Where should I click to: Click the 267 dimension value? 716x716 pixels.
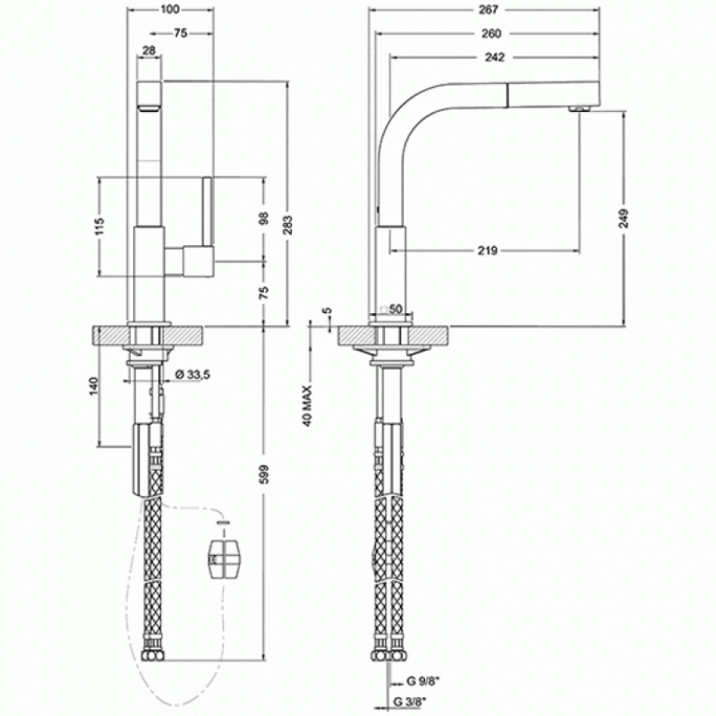click(x=488, y=9)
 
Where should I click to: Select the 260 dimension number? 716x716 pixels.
click(x=490, y=33)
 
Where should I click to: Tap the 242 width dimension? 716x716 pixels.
click(x=495, y=57)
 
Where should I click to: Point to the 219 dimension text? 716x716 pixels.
click(x=487, y=251)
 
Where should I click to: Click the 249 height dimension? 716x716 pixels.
click(x=625, y=218)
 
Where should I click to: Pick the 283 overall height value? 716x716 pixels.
click(x=288, y=225)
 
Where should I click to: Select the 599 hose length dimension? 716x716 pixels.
click(x=265, y=474)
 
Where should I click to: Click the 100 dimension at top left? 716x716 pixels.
click(x=170, y=9)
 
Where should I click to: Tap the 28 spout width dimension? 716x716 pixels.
click(x=149, y=50)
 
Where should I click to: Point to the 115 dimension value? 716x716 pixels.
click(x=99, y=226)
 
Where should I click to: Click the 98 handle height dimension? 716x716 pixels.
click(x=264, y=218)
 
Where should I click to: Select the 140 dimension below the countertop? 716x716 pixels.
click(x=94, y=387)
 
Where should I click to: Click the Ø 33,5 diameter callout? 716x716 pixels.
click(x=192, y=375)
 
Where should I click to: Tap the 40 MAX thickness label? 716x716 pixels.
click(x=307, y=406)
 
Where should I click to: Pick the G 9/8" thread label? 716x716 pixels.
click(x=422, y=681)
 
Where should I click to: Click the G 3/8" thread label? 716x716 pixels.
click(x=410, y=702)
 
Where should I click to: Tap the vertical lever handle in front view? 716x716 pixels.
click(x=208, y=211)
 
